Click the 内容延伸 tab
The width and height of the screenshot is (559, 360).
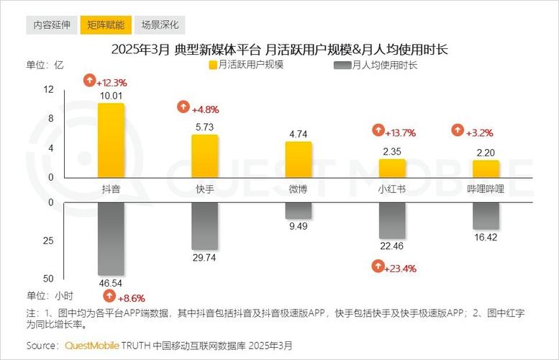(52, 24)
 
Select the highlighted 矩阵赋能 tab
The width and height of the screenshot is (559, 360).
(105, 24)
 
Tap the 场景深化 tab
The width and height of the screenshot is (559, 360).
(160, 24)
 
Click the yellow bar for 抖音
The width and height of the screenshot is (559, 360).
(111, 140)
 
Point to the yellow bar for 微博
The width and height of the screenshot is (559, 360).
(299, 159)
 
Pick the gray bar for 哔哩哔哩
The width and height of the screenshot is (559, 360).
(486, 216)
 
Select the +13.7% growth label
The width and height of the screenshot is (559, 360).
(400, 132)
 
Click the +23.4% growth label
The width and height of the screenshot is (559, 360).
(400, 268)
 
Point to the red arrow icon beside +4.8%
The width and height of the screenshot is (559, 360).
(183, 109)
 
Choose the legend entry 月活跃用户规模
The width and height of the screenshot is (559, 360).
(252, 65)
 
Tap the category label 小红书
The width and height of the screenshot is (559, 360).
(391, 189)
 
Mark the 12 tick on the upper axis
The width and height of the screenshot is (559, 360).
(49, 89)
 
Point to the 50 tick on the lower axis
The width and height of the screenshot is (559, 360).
(49, 279)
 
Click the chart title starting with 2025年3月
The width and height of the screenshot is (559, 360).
(280, 49)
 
